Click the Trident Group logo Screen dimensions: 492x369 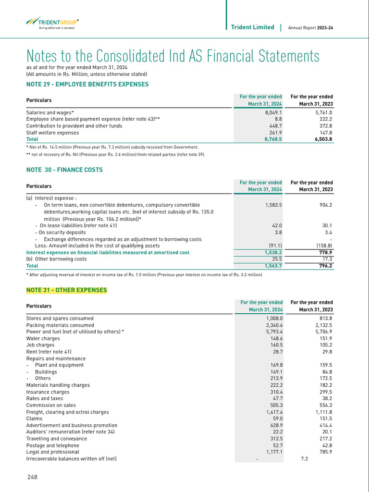(x=52, y=23)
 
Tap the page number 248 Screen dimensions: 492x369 (x=32, y=477)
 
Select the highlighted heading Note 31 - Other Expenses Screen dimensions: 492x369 (x=67, y=290)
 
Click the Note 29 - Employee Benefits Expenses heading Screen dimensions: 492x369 (x=87, y=84)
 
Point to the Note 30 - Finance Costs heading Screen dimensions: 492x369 (x=64, y=170)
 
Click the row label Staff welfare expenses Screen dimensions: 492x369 (x=53, y=133)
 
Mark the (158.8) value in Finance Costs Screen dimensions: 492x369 (x=322, y=246)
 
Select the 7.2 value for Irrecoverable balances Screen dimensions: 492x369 (x=304, y=459)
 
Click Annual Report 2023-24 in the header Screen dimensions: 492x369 (x=310, y=28)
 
